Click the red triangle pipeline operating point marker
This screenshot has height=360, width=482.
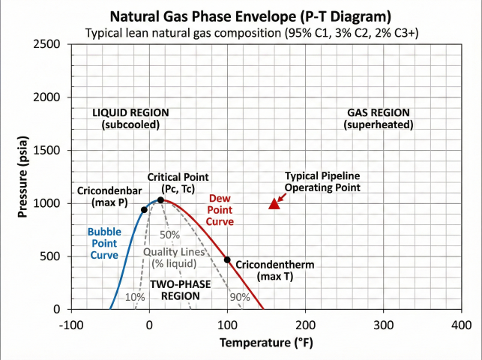click(274, 203)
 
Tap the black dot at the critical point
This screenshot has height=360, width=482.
click(160, 199)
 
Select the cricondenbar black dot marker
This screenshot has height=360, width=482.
click(144, 209)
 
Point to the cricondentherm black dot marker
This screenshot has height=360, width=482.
click(227, 259)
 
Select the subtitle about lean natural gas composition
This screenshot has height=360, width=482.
click(241, 33)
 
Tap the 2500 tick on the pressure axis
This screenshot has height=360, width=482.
click(49, 44)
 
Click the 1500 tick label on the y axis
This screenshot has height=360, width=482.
click(49, 151)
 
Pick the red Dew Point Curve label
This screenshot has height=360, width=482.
click(220, 209)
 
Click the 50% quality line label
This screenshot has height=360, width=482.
click(170, 234)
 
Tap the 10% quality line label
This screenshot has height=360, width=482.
click(135, 297)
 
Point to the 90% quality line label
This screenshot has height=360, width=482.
click(240, 297)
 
